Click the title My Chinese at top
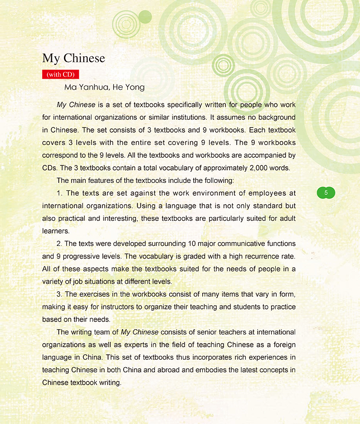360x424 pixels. tap(73, 58)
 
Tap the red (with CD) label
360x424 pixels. tap(60, 74)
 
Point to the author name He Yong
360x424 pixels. tap(128, 87)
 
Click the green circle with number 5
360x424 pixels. tap(326, 193)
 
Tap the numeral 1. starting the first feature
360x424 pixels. tap(60, 193)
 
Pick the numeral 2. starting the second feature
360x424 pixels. tap(60, 244)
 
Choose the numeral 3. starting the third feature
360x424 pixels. tap(60, 294)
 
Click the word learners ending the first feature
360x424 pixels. tap(55, 231)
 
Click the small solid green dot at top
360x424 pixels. tap(145, 17)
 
